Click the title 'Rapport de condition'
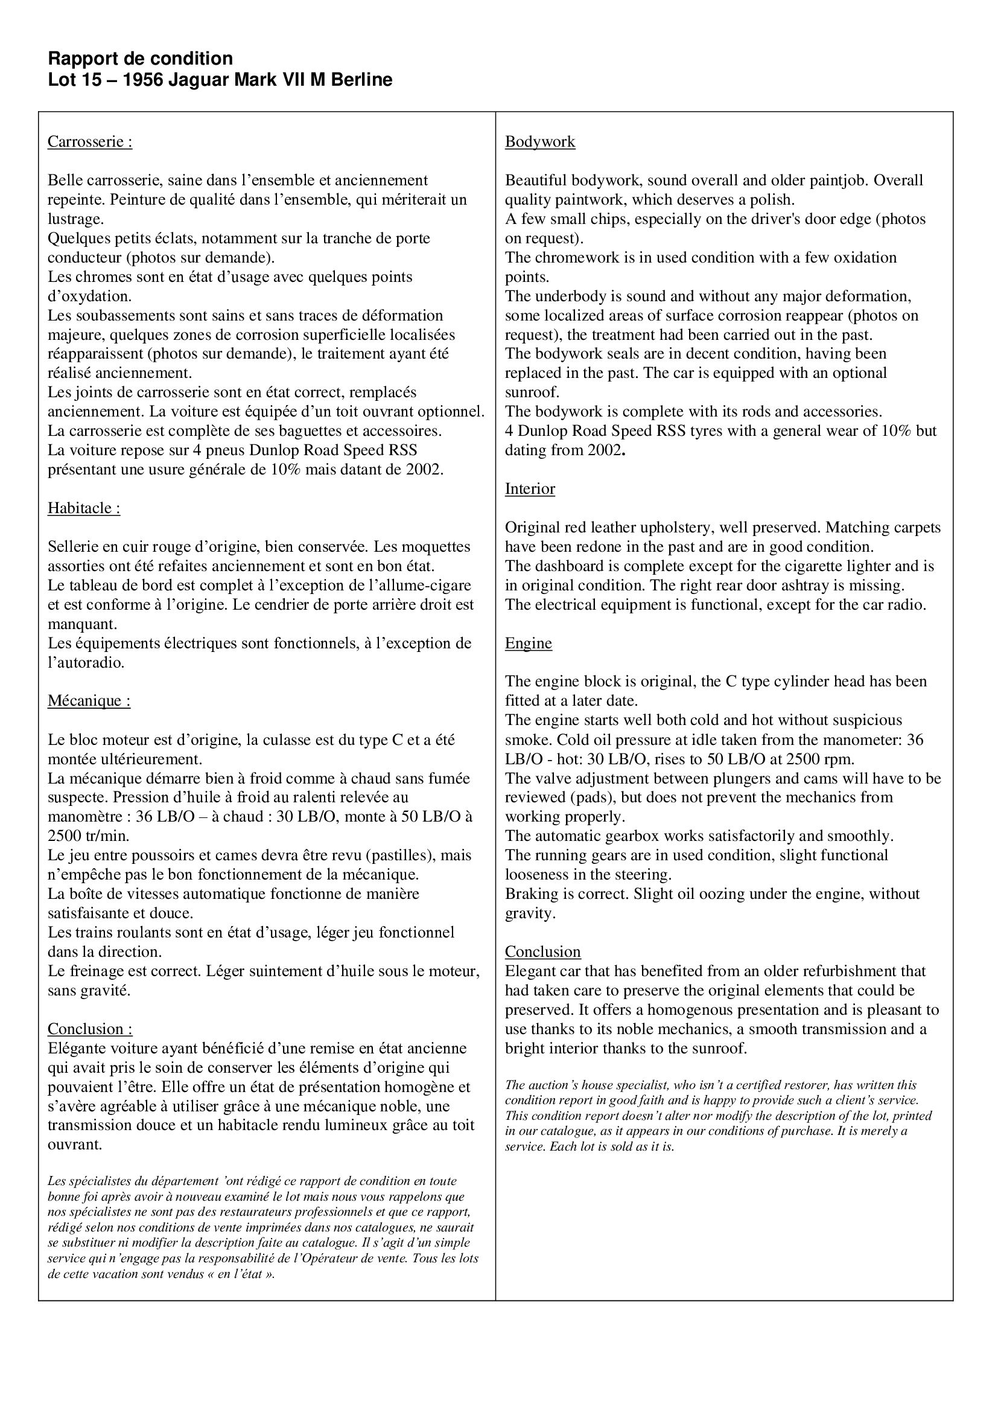click(140, 59)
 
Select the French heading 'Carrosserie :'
click(90, 142)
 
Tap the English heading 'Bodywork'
click(539, 142)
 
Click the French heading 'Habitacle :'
click(84, 508)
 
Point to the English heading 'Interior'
click(530, 489)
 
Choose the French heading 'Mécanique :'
click(89, 701)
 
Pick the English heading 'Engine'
click(529, 644)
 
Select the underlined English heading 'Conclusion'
click(542, 952)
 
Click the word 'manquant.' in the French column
click(82, 624)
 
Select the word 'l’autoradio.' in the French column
click(86, 663)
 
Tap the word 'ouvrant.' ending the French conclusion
click(74, 1145)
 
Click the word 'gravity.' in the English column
click(530, 913)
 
